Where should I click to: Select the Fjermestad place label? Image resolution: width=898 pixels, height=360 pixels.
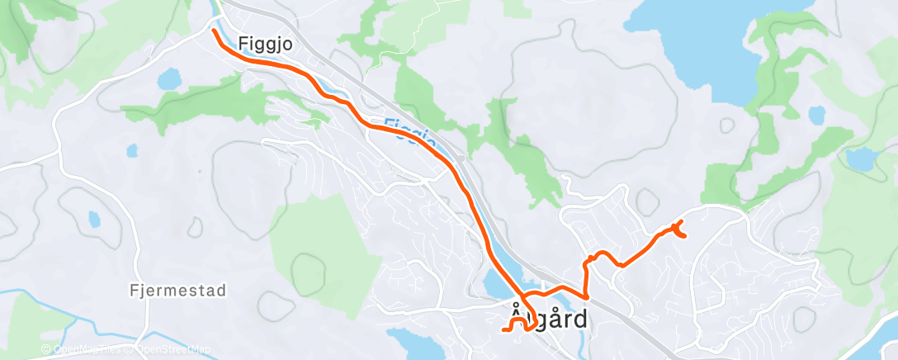tap(178, 291)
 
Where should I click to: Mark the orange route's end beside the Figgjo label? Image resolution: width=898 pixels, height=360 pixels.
tap(215, 31)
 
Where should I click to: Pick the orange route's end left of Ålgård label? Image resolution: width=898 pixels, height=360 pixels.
tap(503, 329)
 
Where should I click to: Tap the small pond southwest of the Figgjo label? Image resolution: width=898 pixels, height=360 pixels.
tap(169, 80)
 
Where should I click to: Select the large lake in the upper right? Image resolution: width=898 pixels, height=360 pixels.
tap(702, 41)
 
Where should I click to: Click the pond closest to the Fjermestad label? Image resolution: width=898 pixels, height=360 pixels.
tap(94, 220)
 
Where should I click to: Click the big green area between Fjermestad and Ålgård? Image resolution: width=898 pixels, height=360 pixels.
tap(322, 248)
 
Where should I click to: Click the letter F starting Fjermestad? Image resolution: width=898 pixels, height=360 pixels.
tap(134, 291)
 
